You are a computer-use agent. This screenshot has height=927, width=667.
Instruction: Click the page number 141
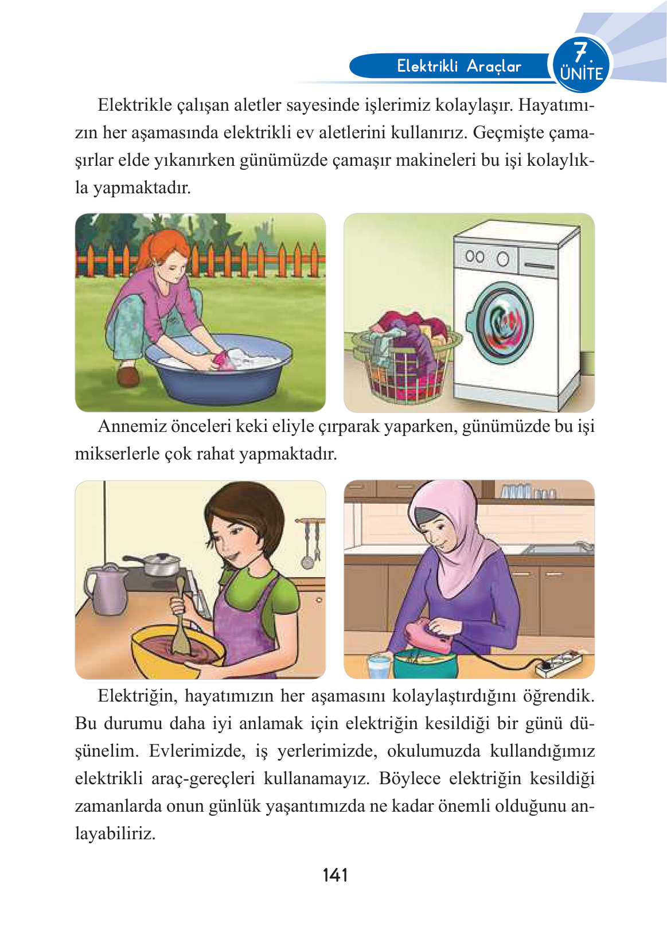click(x=335, y=875)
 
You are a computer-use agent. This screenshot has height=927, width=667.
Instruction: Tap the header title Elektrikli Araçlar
click(x=459, y=66)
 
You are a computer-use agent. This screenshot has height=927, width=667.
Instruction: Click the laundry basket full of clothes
click(x=406, y=361)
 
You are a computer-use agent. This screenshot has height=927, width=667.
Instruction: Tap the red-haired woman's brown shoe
click(x=127, y=376)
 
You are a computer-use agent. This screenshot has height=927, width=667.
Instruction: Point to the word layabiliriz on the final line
click(x=115, y=833)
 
